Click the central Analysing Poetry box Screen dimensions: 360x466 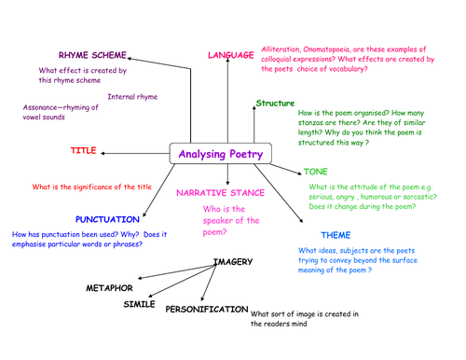click(x=221, y=154)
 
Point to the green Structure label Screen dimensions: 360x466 click(x=275, y=103)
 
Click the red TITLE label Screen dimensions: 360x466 click(x=83, y=150)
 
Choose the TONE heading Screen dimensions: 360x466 click(x=316, y=172)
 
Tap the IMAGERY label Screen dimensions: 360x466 click(x=233, y=263)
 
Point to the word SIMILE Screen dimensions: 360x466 click(x=140, y=304)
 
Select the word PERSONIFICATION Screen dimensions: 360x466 click(x=207, y=309)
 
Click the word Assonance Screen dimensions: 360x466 click(x=43, y=107)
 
